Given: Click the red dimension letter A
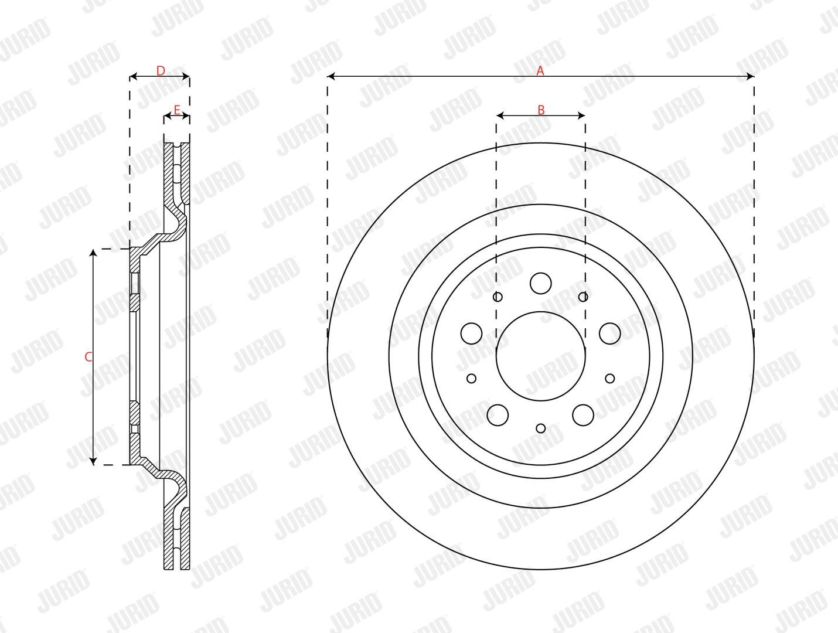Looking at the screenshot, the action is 540,71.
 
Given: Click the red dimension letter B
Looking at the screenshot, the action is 541,110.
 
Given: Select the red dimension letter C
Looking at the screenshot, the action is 88,357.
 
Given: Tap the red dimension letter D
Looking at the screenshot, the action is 161,71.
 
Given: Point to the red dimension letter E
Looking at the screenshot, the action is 177,110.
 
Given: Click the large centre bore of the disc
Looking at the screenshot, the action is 540,356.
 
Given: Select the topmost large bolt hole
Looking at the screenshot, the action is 540,283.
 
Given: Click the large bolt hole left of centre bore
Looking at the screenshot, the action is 472,333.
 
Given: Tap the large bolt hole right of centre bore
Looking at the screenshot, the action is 610,333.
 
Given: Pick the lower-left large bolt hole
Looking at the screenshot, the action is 498,415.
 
